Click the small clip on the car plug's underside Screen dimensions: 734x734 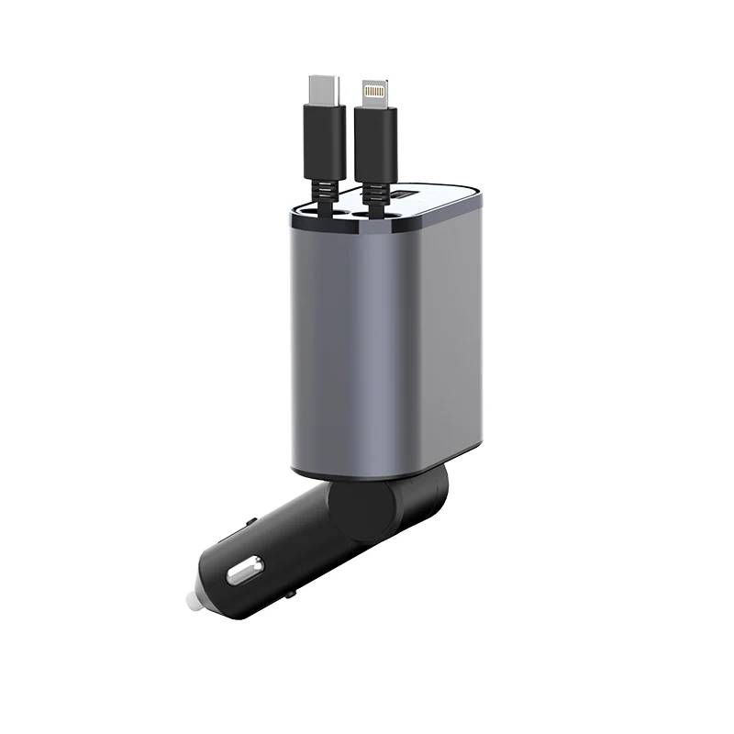290,595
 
